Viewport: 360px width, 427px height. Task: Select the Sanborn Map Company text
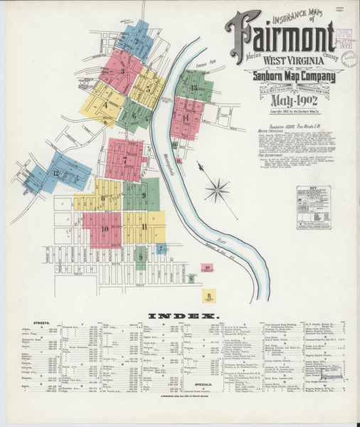[x=291, y=78]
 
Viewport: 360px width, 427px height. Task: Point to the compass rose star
[x=216, y=189]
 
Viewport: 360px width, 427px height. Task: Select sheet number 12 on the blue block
[x=55, y=173]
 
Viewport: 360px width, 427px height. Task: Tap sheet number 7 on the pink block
[x=125, y=160]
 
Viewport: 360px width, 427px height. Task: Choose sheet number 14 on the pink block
[x=186, y=117]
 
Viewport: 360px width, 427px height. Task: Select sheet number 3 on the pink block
[x=123, y=71]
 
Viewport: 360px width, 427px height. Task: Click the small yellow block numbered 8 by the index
[x=209, y=292]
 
